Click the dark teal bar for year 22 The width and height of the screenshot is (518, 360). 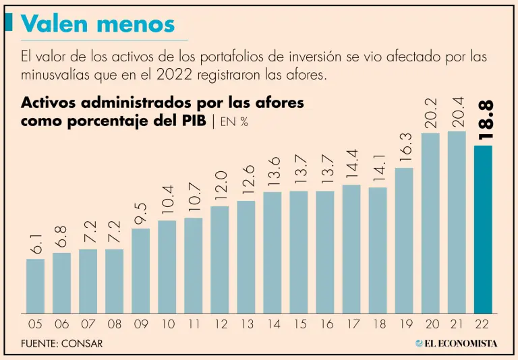(483, 229)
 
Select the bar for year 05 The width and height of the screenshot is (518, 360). (35, 286)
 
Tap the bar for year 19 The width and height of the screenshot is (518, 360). (404, 240)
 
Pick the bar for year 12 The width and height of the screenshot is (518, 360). (220, 260)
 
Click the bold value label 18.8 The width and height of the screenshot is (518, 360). (485, 120)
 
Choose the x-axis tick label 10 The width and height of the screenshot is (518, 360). (167, 324)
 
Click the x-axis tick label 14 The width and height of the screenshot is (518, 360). (272, 324)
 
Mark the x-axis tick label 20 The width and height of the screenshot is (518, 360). (431, 324)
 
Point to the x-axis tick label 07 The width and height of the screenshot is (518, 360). (88, 324)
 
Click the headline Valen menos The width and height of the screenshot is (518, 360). (98, 24)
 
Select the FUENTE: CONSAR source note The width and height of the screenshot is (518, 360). (62, 343)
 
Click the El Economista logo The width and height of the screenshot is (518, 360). (457, 343)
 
